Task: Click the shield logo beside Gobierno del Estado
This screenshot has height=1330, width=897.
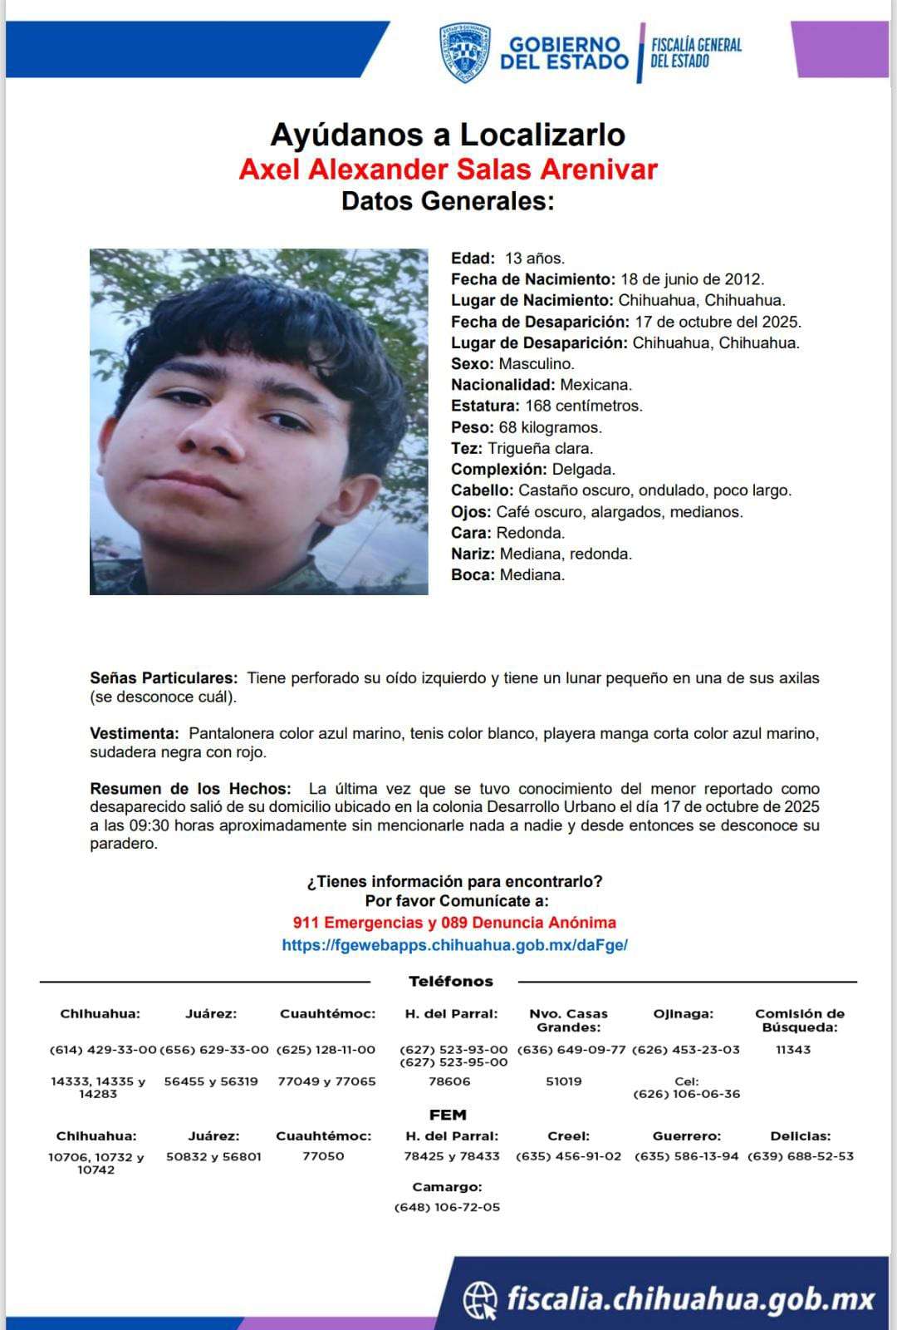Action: [464, 52]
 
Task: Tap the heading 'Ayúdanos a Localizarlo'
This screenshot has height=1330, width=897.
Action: [448, 135]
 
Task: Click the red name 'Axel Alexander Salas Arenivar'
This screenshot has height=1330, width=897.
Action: [448, 169]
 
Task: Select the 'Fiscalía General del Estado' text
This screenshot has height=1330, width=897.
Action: [695, 52]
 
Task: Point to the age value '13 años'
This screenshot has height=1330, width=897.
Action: [535, 259]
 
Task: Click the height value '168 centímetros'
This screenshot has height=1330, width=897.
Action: [583, 406]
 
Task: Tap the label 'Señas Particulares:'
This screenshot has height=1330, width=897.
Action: [164, 678]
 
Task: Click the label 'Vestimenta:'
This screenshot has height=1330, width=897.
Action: [134, 733]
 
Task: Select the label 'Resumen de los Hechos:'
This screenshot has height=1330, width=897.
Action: [190, 788]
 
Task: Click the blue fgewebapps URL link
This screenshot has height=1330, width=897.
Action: [454, 945]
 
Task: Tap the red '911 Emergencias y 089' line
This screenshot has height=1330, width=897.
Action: [454, 923]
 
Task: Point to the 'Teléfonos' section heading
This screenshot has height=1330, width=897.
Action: [450, 982]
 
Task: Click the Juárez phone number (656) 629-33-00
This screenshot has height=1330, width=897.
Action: [214, 1050]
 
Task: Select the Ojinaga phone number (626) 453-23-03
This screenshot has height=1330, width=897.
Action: [685, 1050]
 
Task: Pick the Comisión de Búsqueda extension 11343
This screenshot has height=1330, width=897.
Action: [792, 1050]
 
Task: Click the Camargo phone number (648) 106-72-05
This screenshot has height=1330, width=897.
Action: [447, 1207]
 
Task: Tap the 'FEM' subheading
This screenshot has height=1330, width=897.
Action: [448, 1115]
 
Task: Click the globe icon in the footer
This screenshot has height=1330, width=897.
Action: [480, 1299]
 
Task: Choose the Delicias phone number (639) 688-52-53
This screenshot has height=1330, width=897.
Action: [800, 1156]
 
